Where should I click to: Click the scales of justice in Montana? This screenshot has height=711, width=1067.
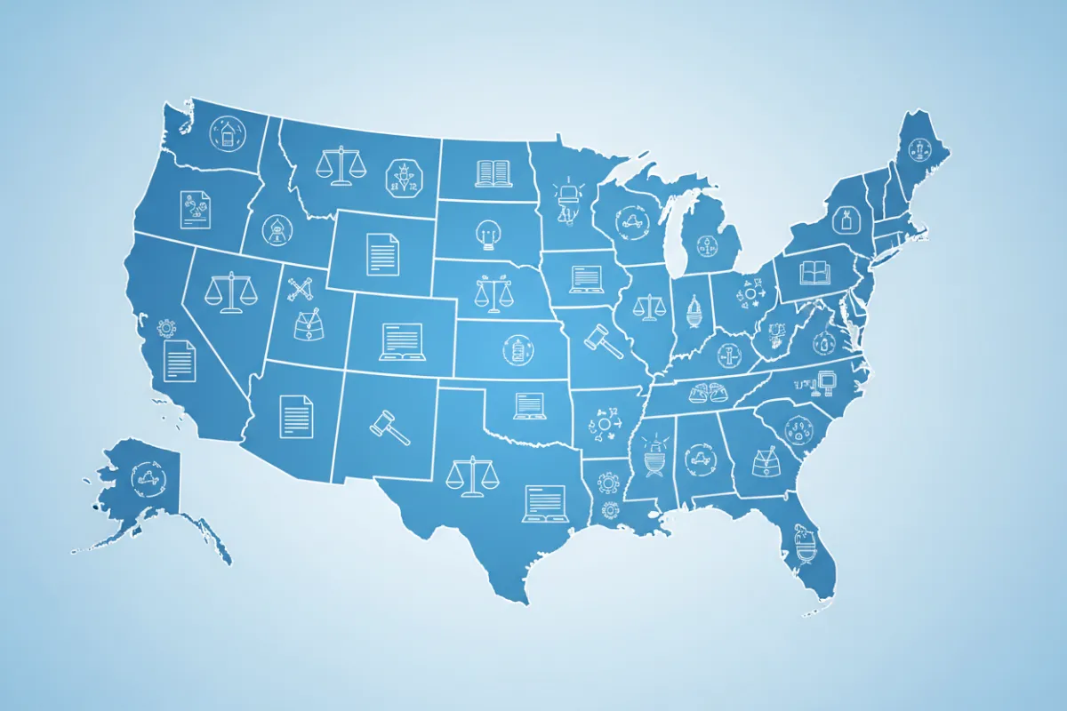click(341, 165)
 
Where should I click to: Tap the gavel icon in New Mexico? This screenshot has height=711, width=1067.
click(389, 427)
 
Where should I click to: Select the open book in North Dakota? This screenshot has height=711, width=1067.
click(493, 172)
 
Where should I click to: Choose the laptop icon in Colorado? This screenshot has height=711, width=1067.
click(401, 341)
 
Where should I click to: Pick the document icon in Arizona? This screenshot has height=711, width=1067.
click(296, 415)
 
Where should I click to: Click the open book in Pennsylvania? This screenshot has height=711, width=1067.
click(814, 271)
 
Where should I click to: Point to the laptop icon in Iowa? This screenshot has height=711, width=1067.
click(587, 277)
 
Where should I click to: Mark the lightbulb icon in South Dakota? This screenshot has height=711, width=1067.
click(486, 234)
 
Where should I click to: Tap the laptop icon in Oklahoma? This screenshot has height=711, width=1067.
click(529, 405)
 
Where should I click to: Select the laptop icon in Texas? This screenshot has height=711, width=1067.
click(544, 502)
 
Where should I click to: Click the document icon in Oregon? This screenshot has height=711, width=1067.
click(195, 210)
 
